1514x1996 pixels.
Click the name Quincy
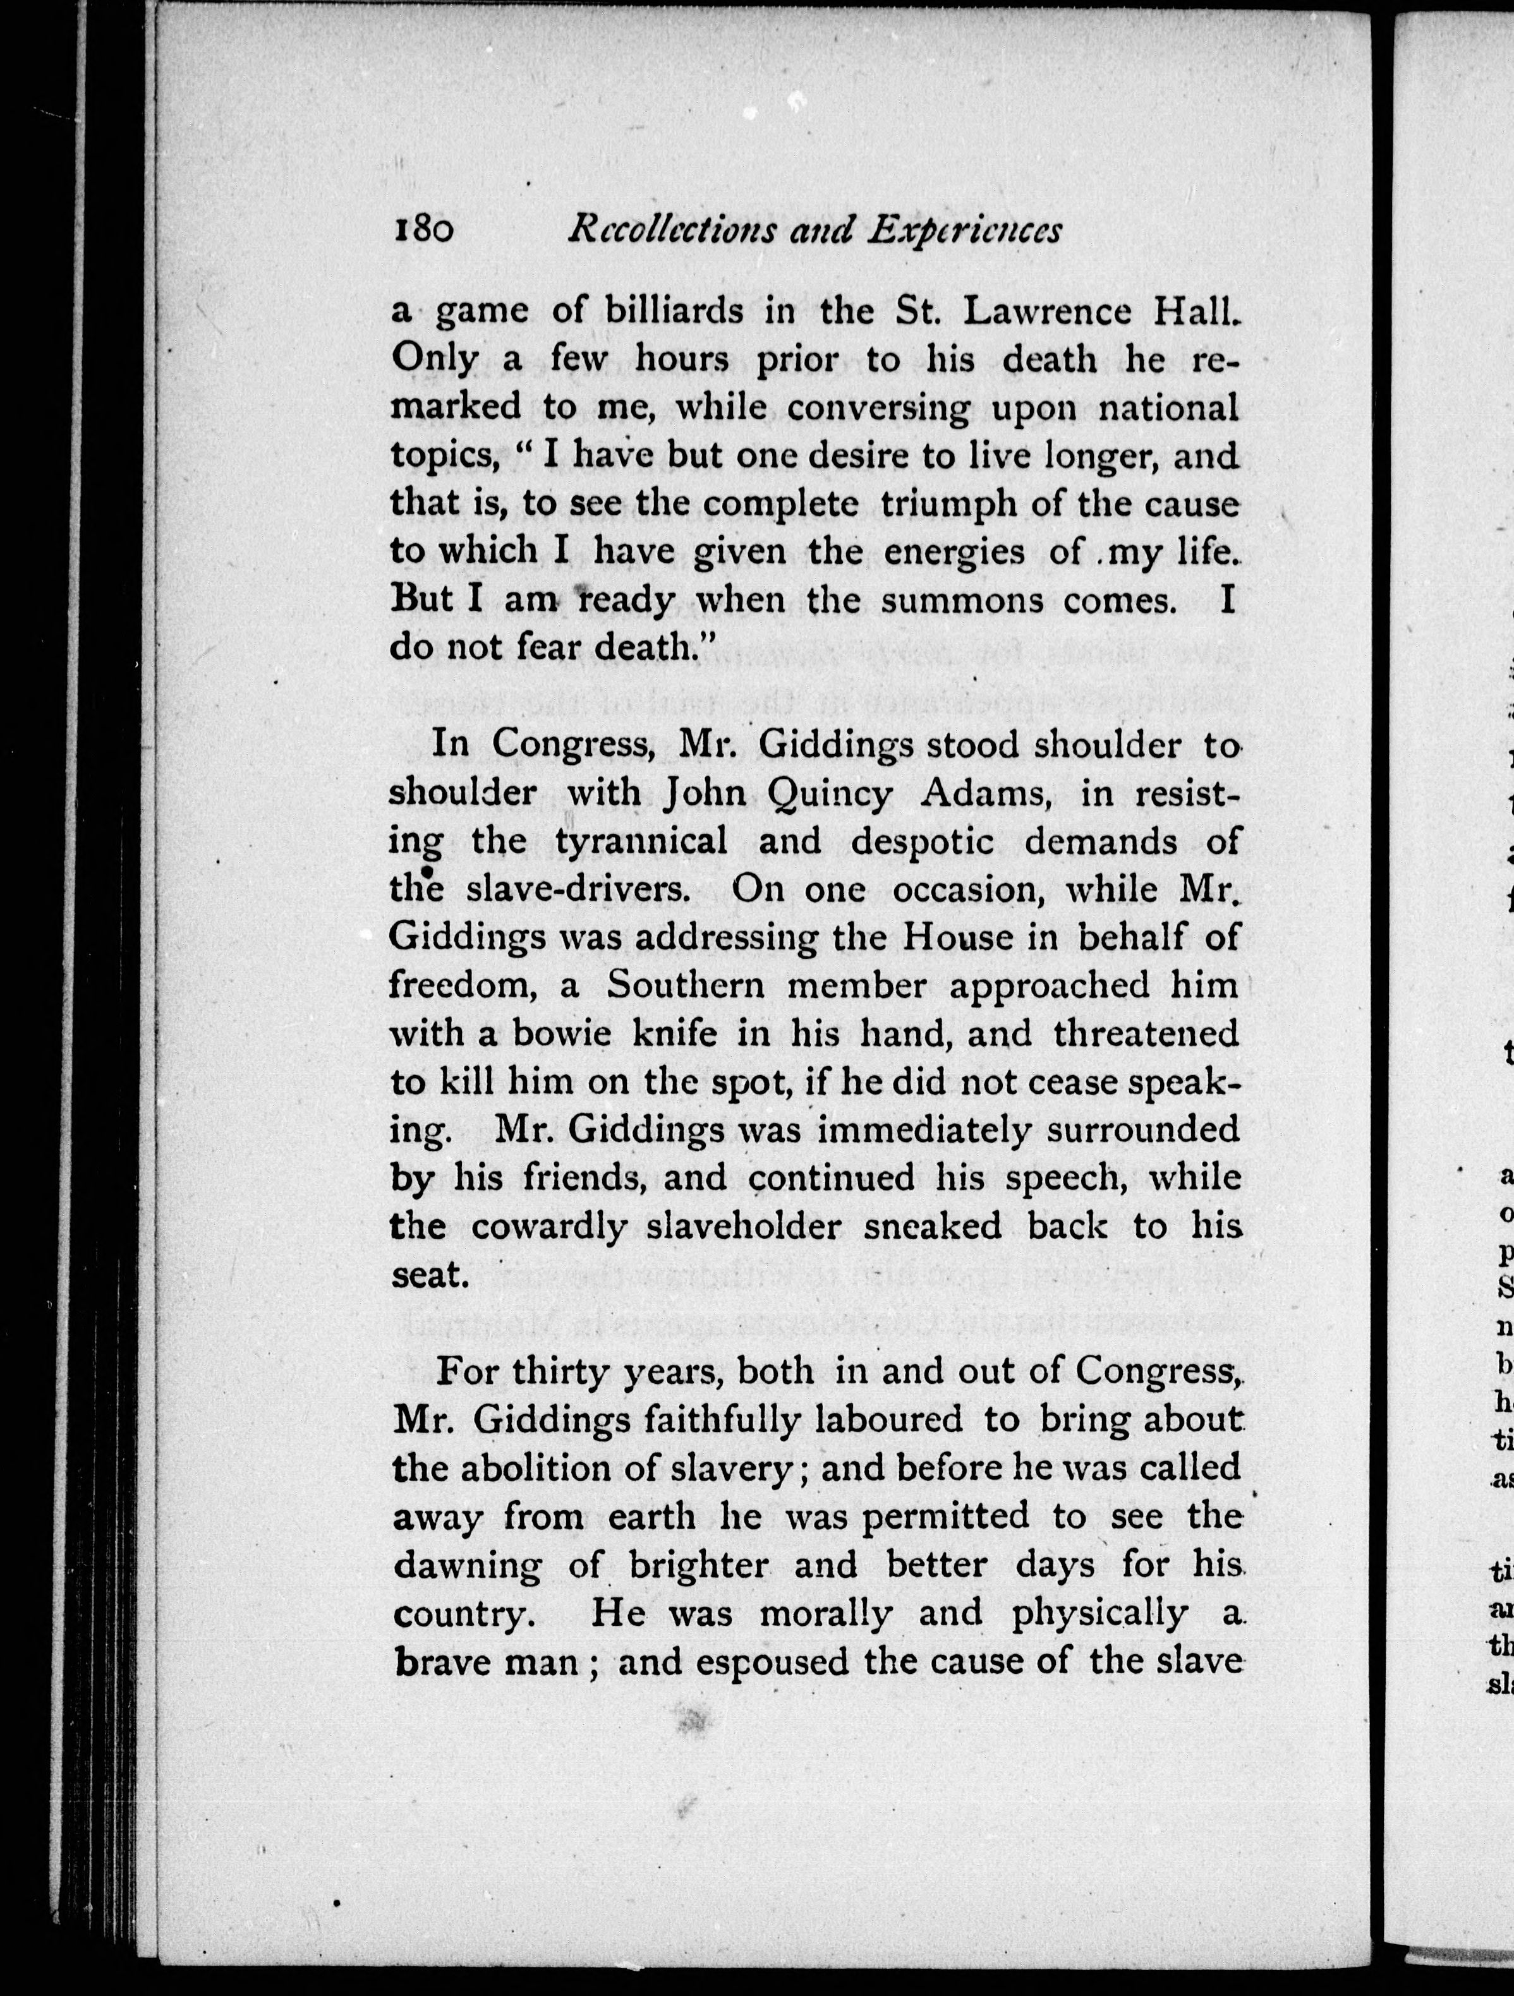[830, 794]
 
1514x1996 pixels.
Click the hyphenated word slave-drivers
[579, 890]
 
